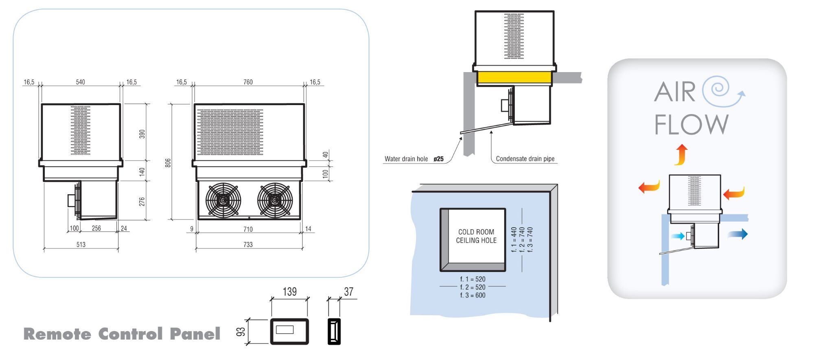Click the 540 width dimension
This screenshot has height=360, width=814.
pyautogui.click(x=80, y=82)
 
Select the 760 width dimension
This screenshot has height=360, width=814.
pyautogui.click(x=248, y=82)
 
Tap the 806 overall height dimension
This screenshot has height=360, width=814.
pyautogui.click(x=168, y=163)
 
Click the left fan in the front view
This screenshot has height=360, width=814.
pyautogui.click(x=223, y=200)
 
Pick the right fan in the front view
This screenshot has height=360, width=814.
pyautogui.click(x=275, y=200)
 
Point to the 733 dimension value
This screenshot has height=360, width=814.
pyautogui.click(x=248, y=244)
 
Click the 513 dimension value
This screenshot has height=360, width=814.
pyautogui.click(x=81, y=244)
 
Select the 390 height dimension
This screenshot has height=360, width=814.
pyautogui.click(x=142, y=134)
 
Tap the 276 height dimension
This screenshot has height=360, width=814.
pyautogui.click(x=142, y=202)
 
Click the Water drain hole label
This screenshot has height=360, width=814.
pyautogui.click(x=406, y=159)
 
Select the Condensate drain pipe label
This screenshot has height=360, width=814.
pyautogui.click(x=525, y=159)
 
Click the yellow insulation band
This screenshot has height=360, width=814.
pyautogui.click(x=514, y=77)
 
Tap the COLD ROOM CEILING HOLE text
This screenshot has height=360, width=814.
pyautogui.click(x=476, y=236)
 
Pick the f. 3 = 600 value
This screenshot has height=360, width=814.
pyautogui.click(x=473, y=295)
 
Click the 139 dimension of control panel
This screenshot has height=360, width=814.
pyautogui.click(x=289, y=292)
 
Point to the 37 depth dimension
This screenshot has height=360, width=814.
pyautogui.click(x=348, y=292)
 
